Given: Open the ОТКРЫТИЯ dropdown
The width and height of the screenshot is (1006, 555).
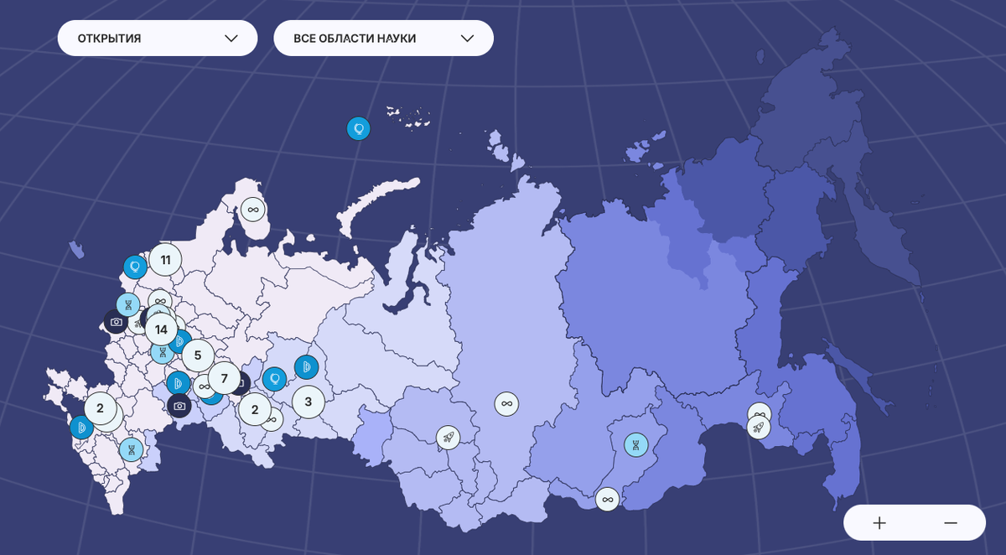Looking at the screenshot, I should [157, 39].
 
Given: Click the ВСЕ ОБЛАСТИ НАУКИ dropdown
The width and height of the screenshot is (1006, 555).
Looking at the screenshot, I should [383, 39].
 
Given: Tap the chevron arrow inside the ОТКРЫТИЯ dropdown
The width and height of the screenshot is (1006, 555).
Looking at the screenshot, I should [231, 39].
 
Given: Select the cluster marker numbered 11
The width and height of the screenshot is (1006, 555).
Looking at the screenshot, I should [165, 260].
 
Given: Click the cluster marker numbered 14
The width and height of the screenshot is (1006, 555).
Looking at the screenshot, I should [161, 329].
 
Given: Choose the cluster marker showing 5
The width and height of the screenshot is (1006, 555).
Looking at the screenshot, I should [198, 355].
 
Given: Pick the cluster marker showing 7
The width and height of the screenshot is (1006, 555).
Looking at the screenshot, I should [224, 378].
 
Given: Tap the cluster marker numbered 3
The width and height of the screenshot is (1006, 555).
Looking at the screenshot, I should [308, 402].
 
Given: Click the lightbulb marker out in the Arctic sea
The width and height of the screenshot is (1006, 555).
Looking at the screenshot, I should [359, 128].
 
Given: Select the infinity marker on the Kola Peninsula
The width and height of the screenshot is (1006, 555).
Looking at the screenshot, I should [252, 210].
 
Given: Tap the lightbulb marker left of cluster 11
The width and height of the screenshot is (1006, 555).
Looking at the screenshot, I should [135, 267].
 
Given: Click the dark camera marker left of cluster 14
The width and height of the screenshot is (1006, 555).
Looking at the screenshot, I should [116, 322].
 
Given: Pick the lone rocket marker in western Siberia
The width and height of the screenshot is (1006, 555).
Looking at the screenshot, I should [448, 438].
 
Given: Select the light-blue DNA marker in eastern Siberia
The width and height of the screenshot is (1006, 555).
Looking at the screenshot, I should [636, 445].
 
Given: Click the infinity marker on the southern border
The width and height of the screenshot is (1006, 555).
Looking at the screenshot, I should [608, 500].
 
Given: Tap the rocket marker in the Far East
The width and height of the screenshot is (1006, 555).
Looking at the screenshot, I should [759, 428].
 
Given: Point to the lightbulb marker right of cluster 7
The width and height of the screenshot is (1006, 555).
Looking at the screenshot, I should [274, 379].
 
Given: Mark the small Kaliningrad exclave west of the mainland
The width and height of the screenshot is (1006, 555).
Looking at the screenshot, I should [76, 250].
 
